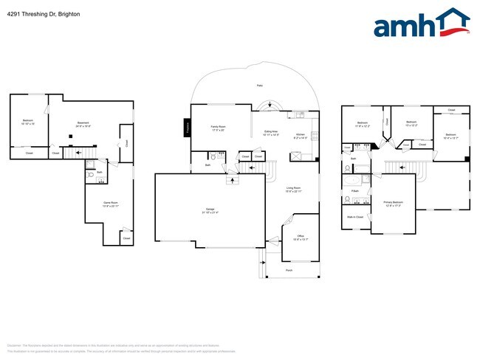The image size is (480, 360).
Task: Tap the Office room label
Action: [300, 237]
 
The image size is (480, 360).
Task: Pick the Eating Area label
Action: [271, 131]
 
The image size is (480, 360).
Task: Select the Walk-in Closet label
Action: [355, 217]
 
